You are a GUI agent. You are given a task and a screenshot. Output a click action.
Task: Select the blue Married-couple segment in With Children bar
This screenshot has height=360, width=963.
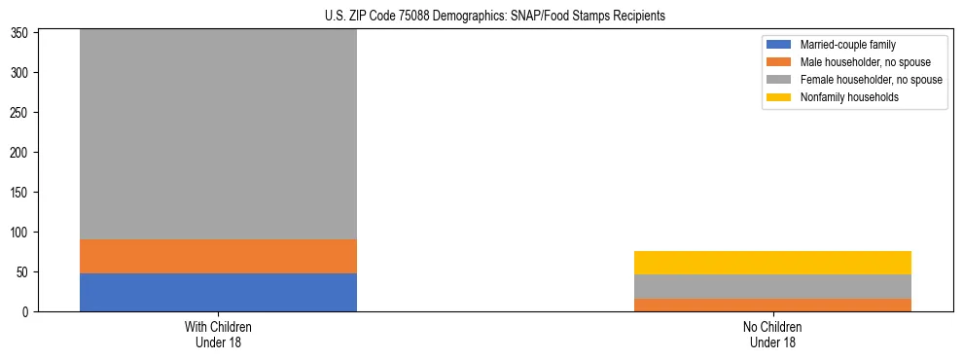pos(218,292)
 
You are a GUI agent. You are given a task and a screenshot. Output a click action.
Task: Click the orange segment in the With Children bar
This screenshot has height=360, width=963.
pos(218,256)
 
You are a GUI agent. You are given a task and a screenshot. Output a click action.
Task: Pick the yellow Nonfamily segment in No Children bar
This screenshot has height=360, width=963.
pos(772,263)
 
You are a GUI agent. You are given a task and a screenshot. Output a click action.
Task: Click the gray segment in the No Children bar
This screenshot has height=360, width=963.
pos(772,286)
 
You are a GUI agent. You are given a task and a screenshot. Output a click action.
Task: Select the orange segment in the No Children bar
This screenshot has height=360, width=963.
pos(772,305)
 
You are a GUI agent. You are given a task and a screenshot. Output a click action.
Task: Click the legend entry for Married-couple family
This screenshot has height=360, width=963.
pos(847,45)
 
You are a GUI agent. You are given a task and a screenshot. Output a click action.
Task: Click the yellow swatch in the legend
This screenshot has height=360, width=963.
pos(779,97)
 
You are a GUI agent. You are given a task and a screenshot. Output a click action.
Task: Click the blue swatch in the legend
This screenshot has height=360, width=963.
pos(779,45)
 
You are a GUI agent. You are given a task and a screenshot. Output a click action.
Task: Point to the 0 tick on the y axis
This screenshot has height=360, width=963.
pos(28,312)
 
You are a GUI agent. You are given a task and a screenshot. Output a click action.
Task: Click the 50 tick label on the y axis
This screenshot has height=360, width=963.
pos(25,272)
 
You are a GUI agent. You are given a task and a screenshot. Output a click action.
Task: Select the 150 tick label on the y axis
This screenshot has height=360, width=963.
pos(22,193)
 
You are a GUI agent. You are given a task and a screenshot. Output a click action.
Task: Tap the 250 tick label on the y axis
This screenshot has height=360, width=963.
pos(22,113)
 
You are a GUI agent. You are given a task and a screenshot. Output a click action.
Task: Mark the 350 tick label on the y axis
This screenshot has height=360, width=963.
pos(22,33)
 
